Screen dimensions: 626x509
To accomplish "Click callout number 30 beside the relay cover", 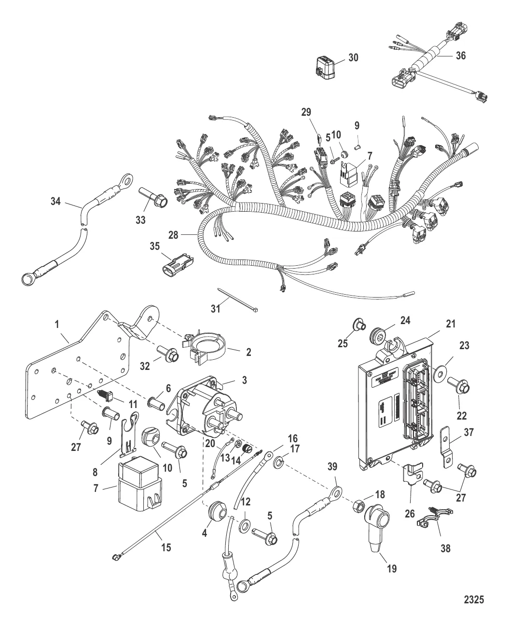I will pos(353,57).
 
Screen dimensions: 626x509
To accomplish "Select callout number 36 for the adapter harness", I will pos(461,55).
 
